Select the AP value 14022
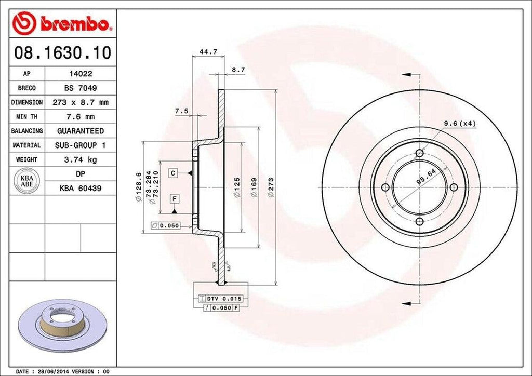tap(80, 74)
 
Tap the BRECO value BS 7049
tap(80, 88)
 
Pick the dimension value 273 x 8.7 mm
tap(80, 103)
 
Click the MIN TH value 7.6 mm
tap(80, 117)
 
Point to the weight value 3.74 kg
tap(80, 159)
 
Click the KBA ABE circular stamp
tap(26, 180)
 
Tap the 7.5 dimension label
tap(181, 111)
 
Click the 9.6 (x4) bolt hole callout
tap(459, 123)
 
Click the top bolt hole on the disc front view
tap(419, 153)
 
